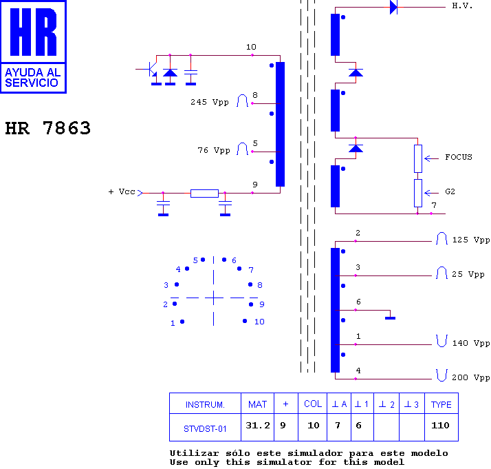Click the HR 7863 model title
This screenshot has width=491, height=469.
[48, 128]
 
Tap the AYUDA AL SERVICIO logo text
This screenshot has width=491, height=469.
[32, 77]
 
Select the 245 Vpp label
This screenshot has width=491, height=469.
[210, 102]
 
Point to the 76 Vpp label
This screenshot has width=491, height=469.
[214, 151]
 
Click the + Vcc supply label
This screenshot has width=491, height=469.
[122, 191]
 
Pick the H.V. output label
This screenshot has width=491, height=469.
[462, 6]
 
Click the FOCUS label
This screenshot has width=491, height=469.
[459, 157]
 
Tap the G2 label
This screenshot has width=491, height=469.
[450, 191]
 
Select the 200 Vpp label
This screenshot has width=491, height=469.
[470, 377]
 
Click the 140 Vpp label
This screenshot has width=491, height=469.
[470, 343]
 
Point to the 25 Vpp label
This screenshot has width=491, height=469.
[468, 274]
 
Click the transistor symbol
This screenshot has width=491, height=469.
[151, 70]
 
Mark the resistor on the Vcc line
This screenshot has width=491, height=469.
[204, 194]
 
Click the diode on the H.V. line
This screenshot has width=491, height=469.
[393, 7]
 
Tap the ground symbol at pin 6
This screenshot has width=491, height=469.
[390, 318]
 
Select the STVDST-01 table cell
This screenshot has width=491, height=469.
[205, 428]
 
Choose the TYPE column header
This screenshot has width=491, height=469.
[441, 404]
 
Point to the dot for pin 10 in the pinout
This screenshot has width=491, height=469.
[245, 321]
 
